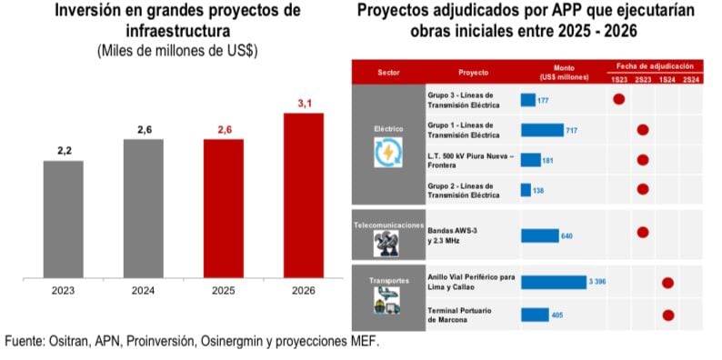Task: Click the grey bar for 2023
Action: [64, 218]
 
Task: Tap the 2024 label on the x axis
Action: [144, 292]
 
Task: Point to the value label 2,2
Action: [65, 150]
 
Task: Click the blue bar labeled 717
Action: [542, 130]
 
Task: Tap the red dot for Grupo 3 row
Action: [619, 99]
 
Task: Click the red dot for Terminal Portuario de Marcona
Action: [667, 315]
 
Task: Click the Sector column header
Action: [388, 72]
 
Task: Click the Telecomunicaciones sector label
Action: [388, 224]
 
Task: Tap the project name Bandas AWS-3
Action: [452, 231]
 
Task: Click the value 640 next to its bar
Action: [567, 236]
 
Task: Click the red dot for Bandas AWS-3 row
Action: [643, 232]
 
